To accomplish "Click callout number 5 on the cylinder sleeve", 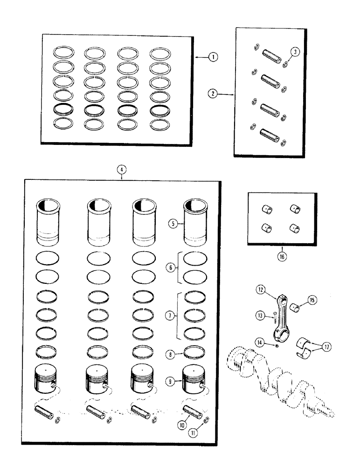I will (x=173, y=223).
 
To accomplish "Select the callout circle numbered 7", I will (x=170, y=315).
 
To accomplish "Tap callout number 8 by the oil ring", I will (x=171, y=354).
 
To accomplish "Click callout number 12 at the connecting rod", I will (x=261, y=291).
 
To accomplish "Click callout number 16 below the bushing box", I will (x=281, y=256).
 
